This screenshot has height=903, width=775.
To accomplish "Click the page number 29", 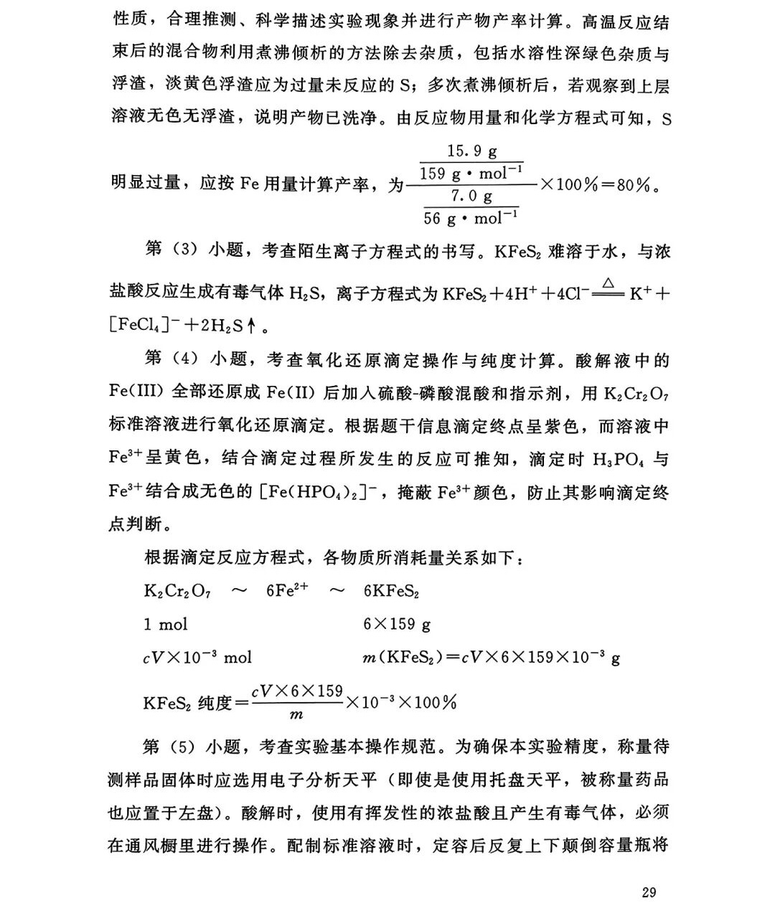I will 648,892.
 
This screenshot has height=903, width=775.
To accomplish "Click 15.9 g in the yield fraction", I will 471,151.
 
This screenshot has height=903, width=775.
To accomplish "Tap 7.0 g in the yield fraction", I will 471,195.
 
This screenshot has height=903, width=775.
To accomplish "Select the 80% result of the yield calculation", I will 634,184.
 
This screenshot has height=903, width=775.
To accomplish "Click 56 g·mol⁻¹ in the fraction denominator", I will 471,217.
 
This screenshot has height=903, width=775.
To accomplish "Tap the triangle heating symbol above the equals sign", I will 609,284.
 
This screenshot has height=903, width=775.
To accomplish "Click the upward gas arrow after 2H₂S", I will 251,327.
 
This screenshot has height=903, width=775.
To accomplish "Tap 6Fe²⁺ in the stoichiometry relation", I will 286,590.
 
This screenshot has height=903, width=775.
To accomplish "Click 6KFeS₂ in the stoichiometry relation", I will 391,591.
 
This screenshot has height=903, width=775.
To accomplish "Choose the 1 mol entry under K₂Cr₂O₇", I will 165,624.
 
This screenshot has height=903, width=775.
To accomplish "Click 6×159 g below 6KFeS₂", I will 397,624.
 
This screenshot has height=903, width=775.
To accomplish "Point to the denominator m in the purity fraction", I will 296,715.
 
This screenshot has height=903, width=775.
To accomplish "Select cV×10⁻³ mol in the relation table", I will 197,657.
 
